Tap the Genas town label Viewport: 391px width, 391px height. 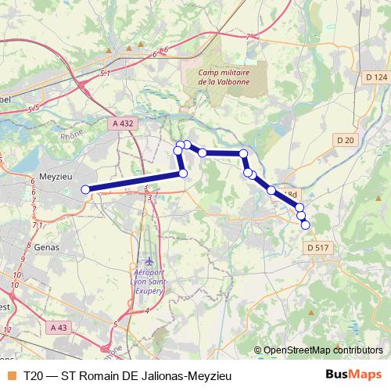point(47,246)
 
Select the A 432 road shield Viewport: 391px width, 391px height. point(124,124)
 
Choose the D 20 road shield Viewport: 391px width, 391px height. point(345,139)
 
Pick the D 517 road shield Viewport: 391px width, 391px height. point(318,247)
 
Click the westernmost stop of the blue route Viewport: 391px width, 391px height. point(86,188)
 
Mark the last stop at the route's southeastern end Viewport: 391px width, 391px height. point(305,224)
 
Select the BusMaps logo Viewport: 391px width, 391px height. point(353,375)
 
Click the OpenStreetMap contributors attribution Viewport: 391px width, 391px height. point(323,350)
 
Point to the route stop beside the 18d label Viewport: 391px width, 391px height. point(271,190)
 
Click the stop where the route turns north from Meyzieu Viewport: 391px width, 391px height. point(183,173)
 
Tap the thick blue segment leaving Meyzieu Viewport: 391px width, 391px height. point(133,181)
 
